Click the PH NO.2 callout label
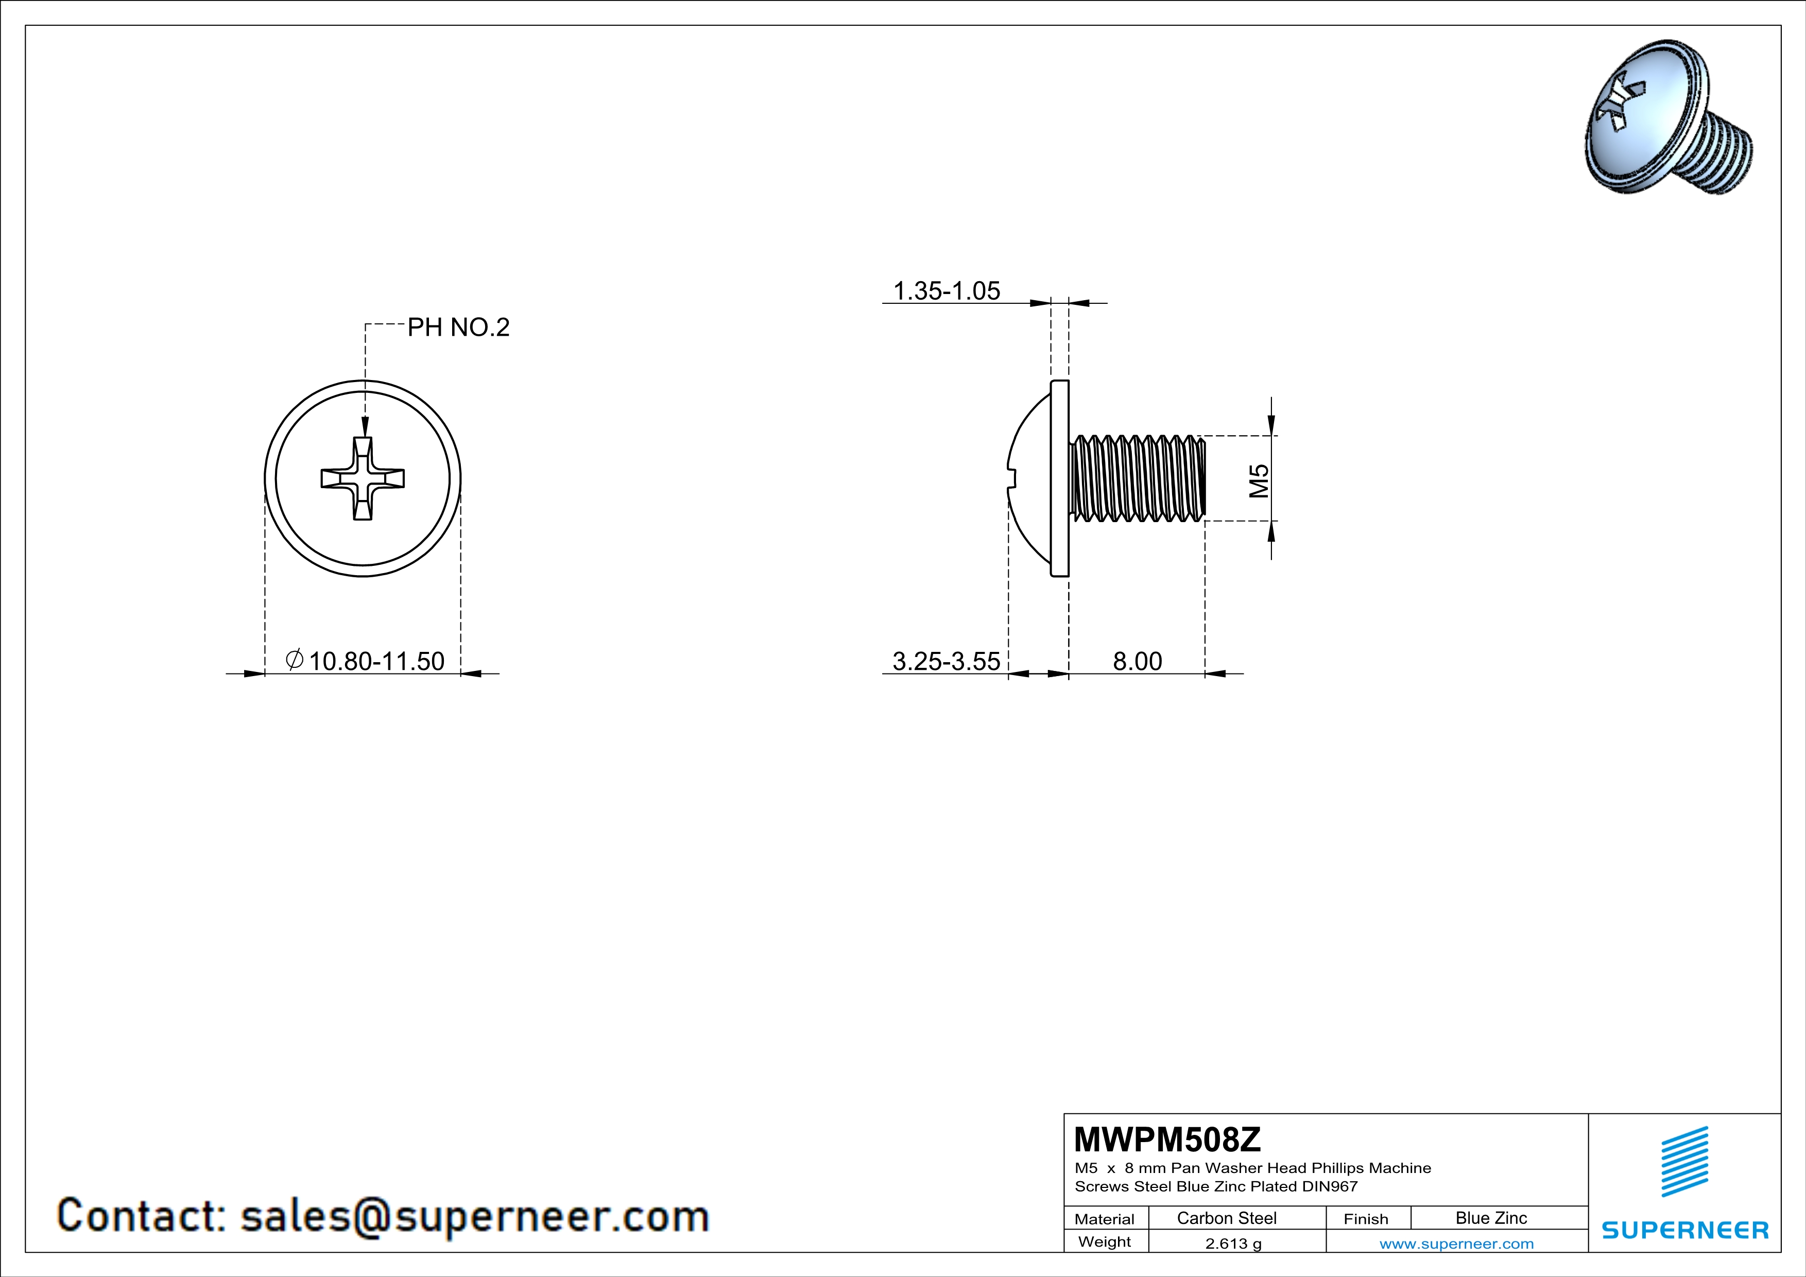point(458,327)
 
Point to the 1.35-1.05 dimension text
point(947,291)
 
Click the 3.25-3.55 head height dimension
point(947,661)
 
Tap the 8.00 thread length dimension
point(1138,661)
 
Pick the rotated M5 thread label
point(1259,480)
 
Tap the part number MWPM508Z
point(1167,1138)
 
